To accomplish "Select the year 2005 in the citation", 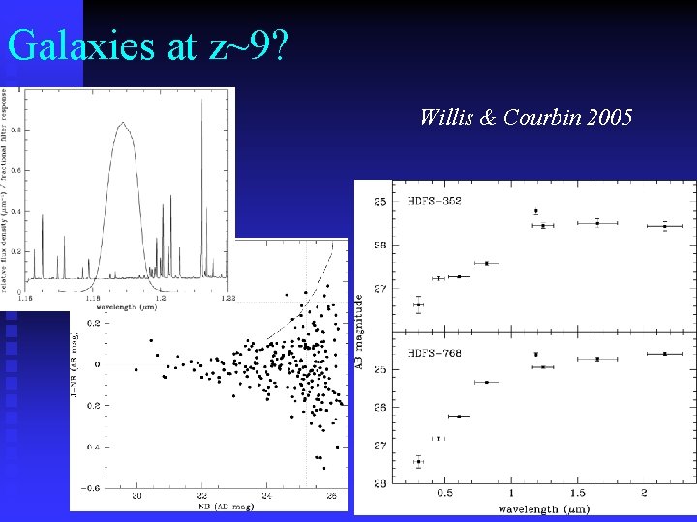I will click(x=606, y=118).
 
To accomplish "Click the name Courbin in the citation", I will click(x=538, y=118).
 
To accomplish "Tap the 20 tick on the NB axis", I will click(x=136, y=495).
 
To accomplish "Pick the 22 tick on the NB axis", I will click(x=201, y=495).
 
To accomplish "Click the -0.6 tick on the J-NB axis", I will click(x=90, y=488).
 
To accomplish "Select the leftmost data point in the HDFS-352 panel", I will click(x=418, y=304).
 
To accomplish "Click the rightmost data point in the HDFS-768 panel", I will click(x=665, y=354).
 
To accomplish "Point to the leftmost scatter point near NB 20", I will click(x=136, y=369).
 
